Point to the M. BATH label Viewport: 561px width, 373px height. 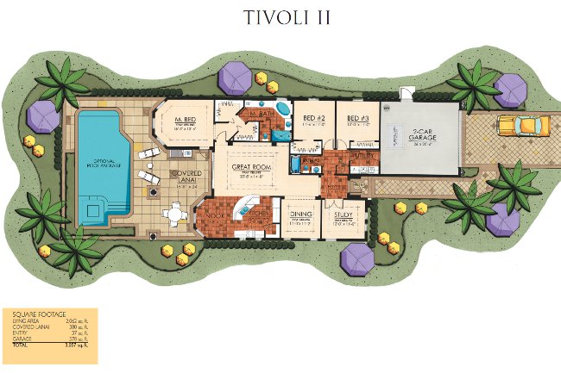(x=260, y=114)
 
